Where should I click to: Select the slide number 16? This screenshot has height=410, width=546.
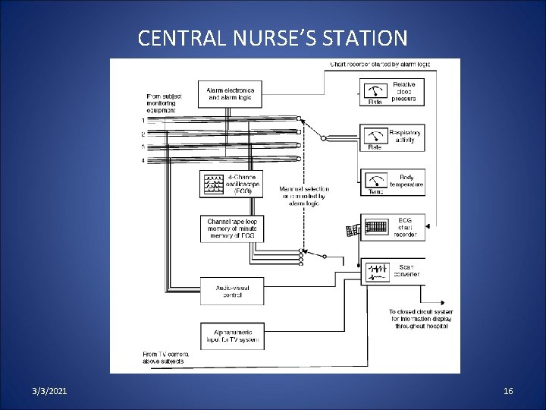[x=508, y=390]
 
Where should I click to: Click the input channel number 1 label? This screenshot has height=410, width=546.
[x=142, y=120]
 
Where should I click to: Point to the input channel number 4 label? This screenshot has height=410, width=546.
[x=142, y=159]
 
